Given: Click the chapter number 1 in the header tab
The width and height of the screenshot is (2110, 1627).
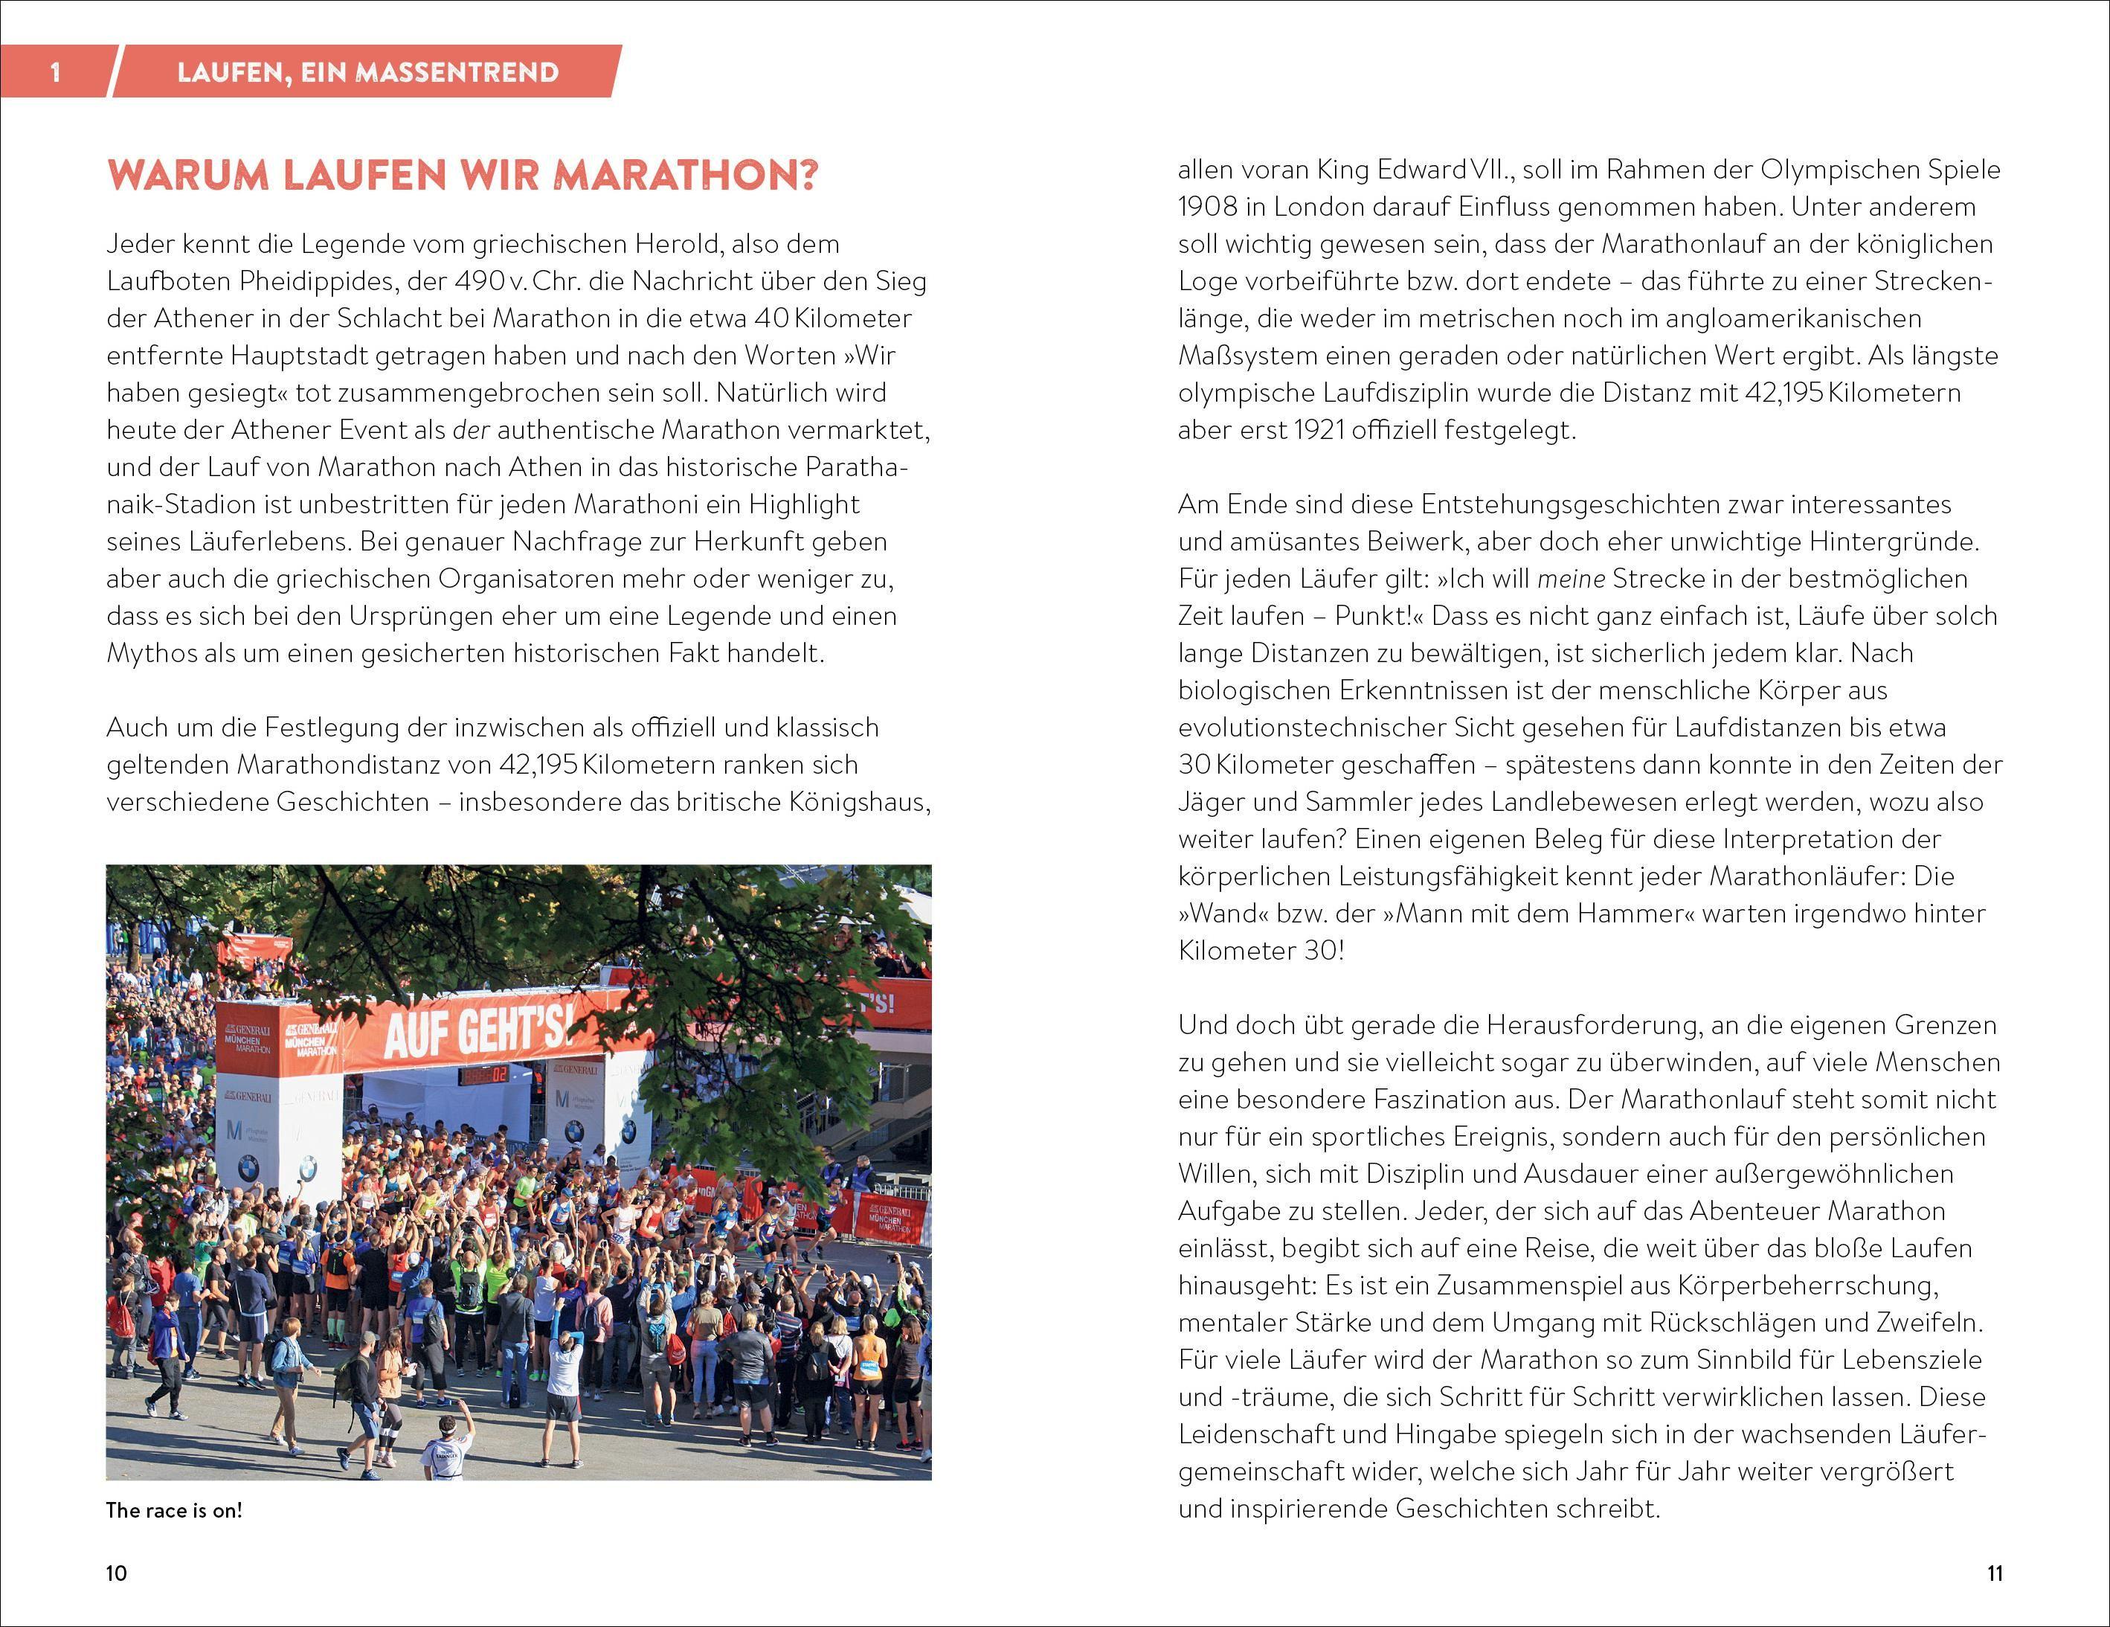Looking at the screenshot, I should (x=55, y=72).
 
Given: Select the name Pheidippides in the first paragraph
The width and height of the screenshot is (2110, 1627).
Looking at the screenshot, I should (x=320, y=281).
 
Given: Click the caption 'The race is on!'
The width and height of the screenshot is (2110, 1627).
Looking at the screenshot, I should (x=174, y=1510).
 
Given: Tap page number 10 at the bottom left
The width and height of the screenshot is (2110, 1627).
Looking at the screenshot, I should (x=116, y=1573).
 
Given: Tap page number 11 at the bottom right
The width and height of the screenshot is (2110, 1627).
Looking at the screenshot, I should (x=1995, y=1573).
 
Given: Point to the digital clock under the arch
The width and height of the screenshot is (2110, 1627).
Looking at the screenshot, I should (x=483, y=1074).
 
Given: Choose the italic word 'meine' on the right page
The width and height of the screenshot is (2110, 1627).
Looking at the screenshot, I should (x=1571, y=579).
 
